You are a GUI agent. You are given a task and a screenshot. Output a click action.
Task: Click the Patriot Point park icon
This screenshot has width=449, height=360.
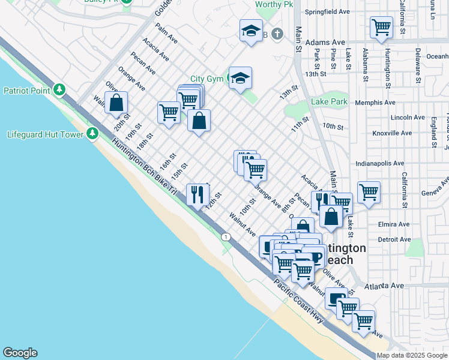click(x=59, y=91)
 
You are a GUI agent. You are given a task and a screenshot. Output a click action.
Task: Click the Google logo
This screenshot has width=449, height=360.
click(x=20, y=353)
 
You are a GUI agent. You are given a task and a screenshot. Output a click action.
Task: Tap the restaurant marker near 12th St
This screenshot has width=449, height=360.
click(x=197, y=194)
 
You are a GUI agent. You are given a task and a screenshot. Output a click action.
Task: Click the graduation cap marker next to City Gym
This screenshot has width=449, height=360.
click(x=240, y=78)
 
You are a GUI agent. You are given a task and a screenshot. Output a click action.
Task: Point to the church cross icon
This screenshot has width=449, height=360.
click(x=276, y=35)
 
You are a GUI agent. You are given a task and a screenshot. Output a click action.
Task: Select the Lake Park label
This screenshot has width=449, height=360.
click(x=329, y=102)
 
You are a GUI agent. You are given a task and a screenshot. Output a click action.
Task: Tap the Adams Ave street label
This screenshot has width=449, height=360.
click(x=325, y=43)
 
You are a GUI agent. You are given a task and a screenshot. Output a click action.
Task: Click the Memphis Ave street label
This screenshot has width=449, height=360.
click(x=375, y=103)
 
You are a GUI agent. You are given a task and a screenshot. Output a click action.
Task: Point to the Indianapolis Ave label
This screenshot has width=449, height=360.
click(x=381, y=163)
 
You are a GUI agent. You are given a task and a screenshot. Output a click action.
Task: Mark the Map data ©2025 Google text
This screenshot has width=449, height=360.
click(x=412, y=355)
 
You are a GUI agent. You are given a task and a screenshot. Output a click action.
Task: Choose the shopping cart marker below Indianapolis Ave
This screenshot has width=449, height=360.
click(x=369, y=193)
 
